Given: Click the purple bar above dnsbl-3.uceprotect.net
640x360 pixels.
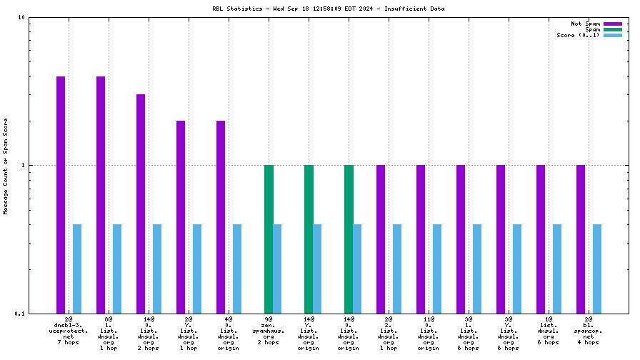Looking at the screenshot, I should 61,194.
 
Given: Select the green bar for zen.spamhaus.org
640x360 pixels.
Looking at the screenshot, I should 269,239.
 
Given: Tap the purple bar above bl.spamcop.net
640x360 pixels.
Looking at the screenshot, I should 581,239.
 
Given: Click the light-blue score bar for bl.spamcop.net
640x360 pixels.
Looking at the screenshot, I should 597,269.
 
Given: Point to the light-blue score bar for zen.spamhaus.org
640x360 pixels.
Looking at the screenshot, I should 277,269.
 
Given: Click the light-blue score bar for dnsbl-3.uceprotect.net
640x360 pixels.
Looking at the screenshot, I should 77,269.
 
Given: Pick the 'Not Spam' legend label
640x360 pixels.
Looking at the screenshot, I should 586,24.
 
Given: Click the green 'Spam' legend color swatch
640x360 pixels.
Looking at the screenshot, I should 613,29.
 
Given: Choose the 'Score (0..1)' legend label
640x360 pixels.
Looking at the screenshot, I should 579,35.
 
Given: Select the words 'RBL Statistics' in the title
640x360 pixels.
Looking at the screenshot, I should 233,9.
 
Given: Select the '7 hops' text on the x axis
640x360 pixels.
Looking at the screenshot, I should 69,343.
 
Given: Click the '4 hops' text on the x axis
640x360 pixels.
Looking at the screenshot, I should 589,343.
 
